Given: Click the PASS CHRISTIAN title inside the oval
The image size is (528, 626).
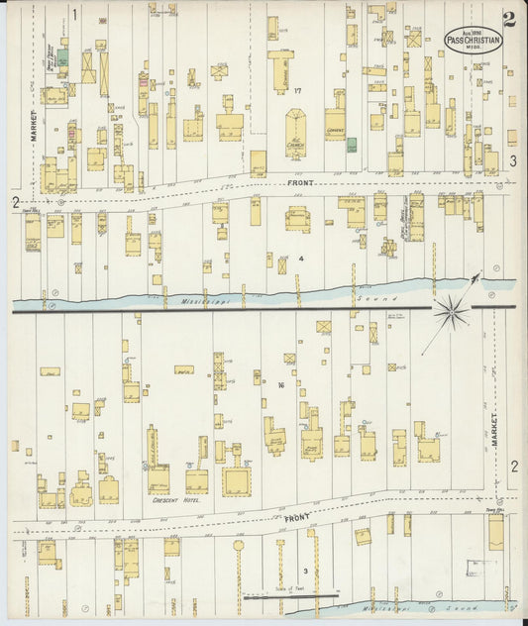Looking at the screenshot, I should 472,39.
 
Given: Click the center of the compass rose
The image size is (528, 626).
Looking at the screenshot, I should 451,313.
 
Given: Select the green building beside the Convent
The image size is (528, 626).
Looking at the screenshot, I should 352,146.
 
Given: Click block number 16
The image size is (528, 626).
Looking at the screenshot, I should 281,385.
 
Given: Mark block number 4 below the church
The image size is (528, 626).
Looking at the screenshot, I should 301,259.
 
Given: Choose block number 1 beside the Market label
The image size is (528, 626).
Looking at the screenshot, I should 74,14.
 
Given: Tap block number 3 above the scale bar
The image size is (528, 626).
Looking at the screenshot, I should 305,572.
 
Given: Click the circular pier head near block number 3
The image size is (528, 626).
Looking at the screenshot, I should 238,545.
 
